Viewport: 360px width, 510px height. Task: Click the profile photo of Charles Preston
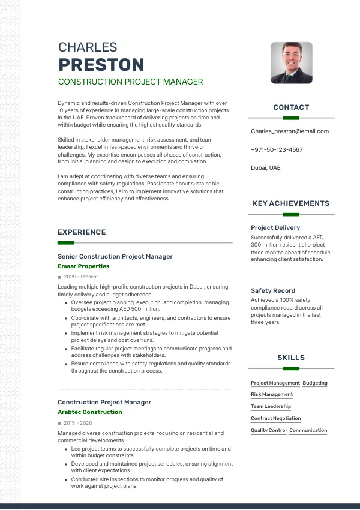click(291, 62)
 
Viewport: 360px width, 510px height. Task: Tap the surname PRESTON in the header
click(101, 65)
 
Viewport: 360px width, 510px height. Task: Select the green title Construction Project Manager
click(130, 82)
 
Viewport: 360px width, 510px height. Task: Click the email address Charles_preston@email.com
click(290, 131)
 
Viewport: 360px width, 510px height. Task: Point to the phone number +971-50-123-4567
click(277, 149)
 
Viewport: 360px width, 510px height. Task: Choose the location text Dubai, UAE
click(265, 168)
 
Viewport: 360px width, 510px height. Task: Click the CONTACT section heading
click(291, 107)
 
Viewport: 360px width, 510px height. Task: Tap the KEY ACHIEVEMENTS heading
click(291, 203)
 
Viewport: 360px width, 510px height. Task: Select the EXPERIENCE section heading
click(82, 232)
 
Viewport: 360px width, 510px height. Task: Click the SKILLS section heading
click(291, 358)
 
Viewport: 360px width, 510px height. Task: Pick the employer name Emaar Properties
click(83, 266)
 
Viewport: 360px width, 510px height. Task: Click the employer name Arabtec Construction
click(89, 412)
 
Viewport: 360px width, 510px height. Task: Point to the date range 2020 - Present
click(80, 277)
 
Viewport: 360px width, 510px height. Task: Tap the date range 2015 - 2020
click(77, 423)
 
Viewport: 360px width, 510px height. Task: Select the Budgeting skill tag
click(315, 383)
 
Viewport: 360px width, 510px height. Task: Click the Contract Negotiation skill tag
click(276, 419)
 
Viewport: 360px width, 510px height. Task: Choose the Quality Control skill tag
click(268, 431)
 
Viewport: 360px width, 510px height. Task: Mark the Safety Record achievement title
click(273, 290)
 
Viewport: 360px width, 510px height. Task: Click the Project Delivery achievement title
click(275, 228)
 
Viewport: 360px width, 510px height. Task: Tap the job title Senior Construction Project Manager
click(115, 256)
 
